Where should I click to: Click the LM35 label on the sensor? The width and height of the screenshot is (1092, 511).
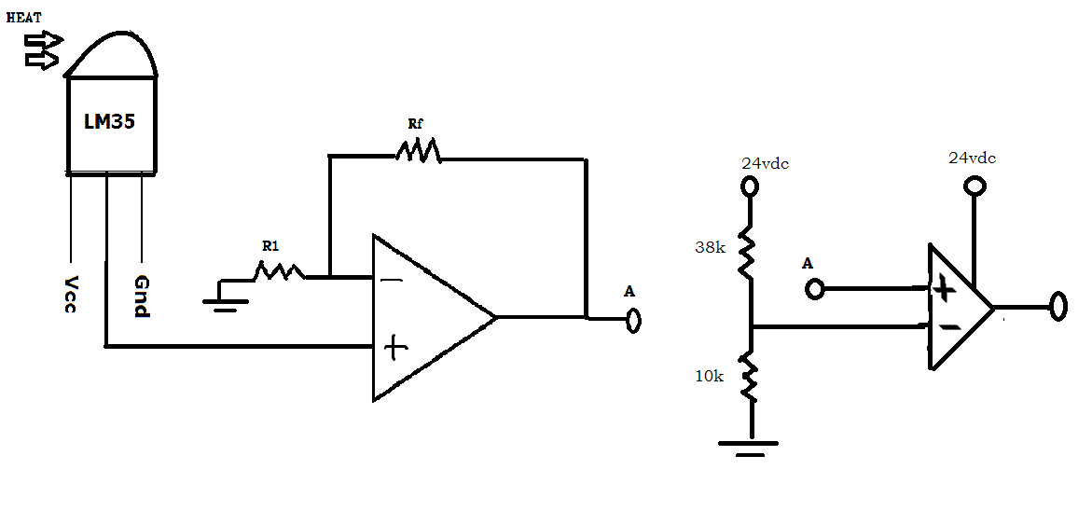[110, 122]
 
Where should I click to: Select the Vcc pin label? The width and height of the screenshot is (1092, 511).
[71, 294]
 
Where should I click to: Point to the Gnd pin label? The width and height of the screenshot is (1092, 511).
[142, 297]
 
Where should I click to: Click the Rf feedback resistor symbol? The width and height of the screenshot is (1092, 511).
[417, 149]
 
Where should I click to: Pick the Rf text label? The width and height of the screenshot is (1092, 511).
[415, 122]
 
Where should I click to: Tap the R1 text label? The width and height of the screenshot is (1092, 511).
[270, 246]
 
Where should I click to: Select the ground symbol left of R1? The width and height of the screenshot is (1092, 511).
[225, 300]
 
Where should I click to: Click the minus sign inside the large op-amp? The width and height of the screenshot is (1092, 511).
[386, 279]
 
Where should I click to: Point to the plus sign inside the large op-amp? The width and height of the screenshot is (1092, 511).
[396, 349]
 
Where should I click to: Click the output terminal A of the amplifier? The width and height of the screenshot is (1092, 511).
[633, 321]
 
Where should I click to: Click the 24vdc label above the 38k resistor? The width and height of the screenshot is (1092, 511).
[765, 163]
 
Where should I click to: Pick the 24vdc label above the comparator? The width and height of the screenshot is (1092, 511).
[972, 159]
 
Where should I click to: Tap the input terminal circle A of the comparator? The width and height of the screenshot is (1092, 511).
[815, 289]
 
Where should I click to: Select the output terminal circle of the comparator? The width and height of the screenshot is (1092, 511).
[1057, 306]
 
